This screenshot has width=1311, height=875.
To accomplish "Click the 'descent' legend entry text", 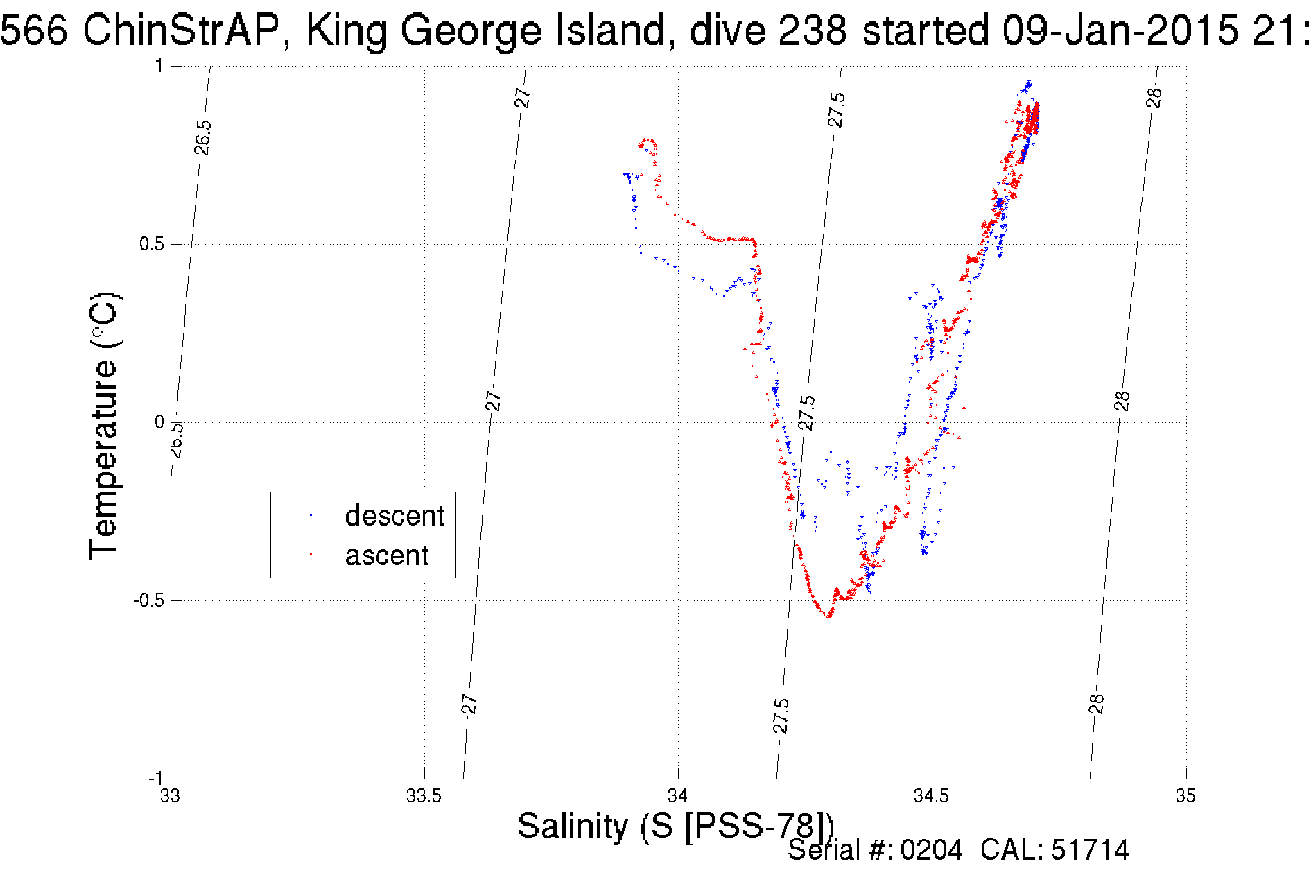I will point(394,516).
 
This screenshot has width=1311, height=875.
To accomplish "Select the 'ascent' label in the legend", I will point(387,555).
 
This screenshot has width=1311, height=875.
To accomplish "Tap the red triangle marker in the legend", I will point(311,554).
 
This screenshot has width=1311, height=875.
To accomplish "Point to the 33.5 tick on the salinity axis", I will point(424,795).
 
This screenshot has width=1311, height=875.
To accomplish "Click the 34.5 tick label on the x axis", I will point(931,795).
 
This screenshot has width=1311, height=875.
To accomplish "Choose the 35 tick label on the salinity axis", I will point(1185,795).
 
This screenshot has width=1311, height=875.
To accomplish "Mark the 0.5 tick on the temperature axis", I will point(151,244).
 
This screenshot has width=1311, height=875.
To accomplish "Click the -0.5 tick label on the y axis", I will point(148,600).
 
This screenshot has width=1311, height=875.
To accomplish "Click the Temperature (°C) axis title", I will point(104,426).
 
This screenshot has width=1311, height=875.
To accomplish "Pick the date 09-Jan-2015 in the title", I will point(1120,31).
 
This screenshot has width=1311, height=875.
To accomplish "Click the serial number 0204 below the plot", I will point(931,850).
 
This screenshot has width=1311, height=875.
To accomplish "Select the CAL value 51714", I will point(1090,850).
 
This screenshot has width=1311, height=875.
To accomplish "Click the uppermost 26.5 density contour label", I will point(202,137).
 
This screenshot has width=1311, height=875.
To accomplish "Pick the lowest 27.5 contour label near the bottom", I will point(781,716).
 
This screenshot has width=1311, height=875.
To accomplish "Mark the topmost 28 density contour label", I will point(1154,98).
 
